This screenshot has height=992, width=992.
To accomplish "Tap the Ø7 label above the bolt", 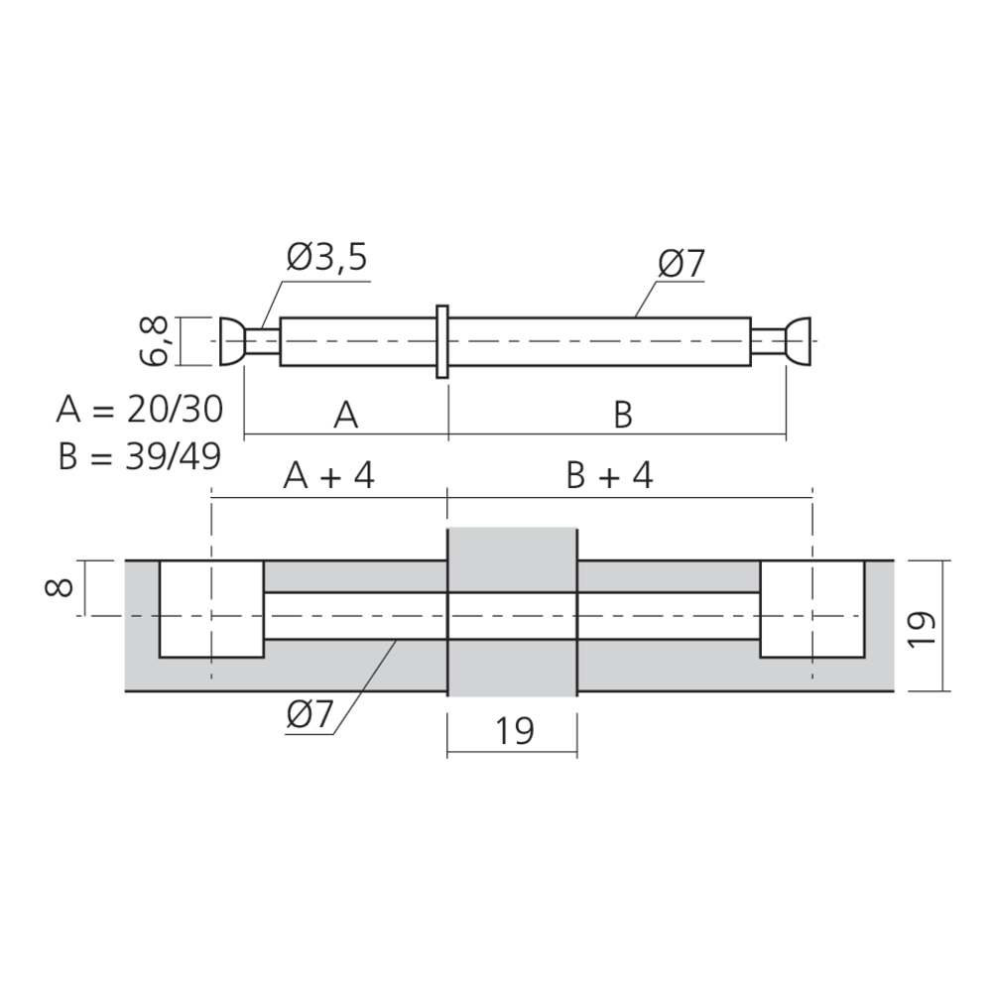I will point(680,265).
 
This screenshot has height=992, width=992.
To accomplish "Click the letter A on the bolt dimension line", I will point(345,416).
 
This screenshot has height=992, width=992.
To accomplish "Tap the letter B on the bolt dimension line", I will point(622,416).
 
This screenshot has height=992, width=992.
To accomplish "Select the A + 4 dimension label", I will point(329,476).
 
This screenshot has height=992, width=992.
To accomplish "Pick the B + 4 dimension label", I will point(609,476).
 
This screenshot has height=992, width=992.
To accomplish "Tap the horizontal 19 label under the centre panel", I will point(514,731).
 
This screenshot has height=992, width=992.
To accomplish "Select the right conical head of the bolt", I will point(799,342).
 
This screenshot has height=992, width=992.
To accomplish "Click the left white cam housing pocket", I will point(211,608).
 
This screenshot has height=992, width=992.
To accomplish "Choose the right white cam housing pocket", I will point(809,608).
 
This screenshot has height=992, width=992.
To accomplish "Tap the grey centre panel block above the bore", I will point(512,558).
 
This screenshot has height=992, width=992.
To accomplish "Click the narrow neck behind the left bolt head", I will point(263,342).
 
